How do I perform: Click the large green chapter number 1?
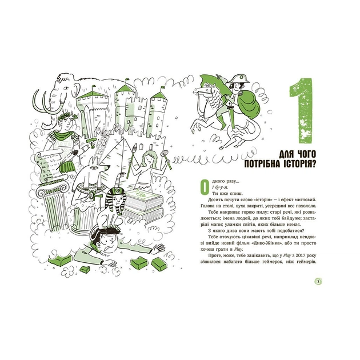coord(302,111)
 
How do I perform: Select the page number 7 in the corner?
coord(318,282)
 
